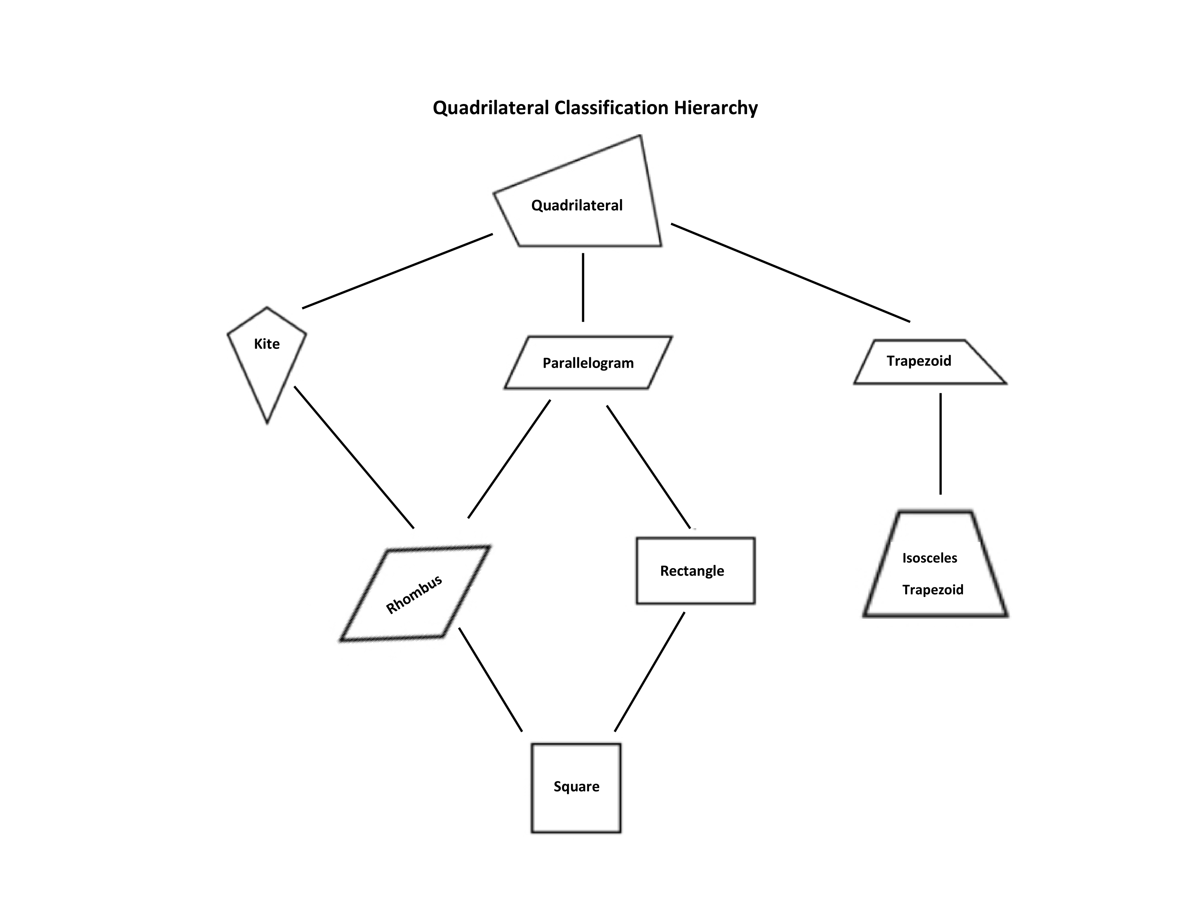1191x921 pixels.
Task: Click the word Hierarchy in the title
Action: [715, 108]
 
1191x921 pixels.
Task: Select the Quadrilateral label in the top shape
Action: [576, 206]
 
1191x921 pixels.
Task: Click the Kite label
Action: [267, 344]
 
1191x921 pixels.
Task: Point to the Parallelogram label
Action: [588, 363]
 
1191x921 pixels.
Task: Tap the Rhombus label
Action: [414, 595]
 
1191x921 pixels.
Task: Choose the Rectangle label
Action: [692, 571]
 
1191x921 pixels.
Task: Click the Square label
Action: [576, 786]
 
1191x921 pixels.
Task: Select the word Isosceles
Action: [929, 558]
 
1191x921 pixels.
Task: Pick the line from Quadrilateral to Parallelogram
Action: [583, 287]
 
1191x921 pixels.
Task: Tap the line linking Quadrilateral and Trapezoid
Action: [790, 273]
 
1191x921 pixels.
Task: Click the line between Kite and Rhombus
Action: [354, 457]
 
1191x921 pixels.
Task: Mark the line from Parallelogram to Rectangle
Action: [649, 467]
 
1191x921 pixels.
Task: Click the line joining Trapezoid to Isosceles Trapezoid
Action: [940, 444]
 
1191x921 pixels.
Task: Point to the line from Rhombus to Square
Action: [490, 679]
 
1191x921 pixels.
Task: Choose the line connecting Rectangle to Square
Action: [650, 672]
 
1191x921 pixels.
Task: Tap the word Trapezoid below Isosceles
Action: [933, 590]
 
